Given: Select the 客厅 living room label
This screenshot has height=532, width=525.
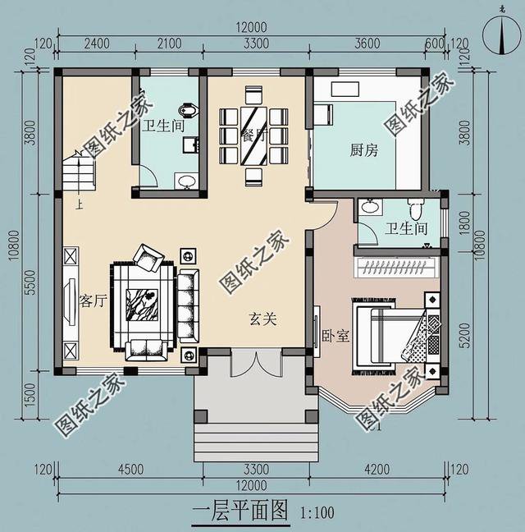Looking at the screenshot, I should click(94, 300).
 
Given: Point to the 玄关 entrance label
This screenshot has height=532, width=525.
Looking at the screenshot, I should click(263, 318).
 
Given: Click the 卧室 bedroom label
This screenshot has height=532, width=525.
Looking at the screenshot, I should click(336, 336).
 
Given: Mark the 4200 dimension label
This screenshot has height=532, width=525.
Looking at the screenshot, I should click(378, 470).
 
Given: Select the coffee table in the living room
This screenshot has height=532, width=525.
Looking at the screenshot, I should click(143, 305).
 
